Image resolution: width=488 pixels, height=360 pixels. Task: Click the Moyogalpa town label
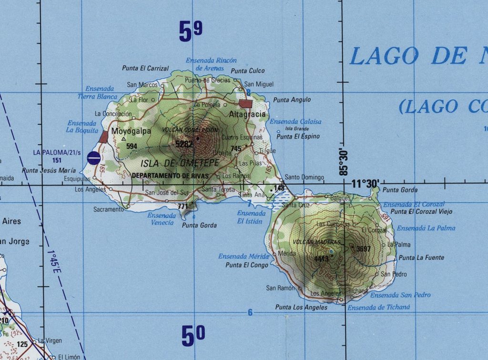(131, 131)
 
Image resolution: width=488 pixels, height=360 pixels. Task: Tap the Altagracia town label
(247, 114)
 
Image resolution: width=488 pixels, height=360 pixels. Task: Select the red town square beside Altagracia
(245, 104)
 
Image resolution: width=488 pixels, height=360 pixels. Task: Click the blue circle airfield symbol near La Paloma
(94, 158)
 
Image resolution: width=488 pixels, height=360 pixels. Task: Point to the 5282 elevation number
(184, 143)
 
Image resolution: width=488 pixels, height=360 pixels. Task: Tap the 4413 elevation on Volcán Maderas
(322, 259)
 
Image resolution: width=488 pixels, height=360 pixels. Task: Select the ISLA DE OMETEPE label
(180, 163)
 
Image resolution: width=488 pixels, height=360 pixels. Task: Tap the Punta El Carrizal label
(145, 68)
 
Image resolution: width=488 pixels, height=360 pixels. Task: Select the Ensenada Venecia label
(162, 219)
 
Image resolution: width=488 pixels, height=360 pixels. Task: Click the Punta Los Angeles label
(301, 308)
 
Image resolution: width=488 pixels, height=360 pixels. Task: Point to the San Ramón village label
(278, 288)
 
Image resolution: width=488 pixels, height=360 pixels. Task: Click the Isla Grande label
(297, 129)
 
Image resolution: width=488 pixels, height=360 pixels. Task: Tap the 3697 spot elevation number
(363, 249)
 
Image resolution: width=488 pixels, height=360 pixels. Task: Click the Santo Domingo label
(305, 177)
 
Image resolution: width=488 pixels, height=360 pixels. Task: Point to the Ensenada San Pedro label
(400, 295)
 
